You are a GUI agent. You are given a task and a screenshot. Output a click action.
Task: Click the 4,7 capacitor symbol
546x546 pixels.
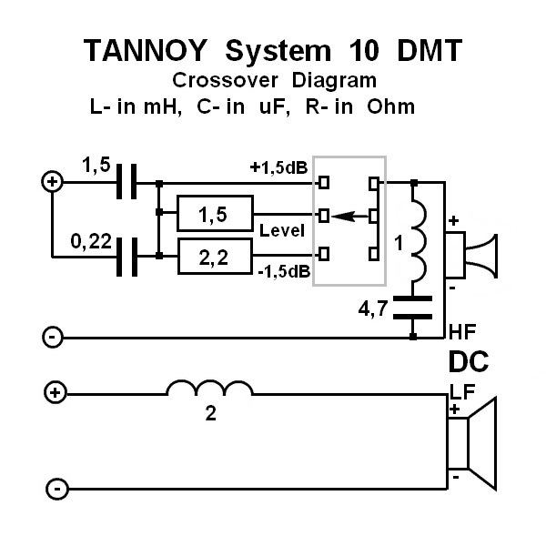point(415,305)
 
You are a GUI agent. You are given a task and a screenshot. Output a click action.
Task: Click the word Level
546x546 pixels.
point(280,230)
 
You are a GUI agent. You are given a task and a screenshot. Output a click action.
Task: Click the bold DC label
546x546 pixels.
point(469,362)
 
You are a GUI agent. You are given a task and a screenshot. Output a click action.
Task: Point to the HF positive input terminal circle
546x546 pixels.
point(53,182)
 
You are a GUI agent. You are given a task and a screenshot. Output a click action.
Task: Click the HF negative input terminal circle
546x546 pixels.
point(53,338)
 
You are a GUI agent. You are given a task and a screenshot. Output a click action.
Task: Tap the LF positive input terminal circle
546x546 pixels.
point(56,393)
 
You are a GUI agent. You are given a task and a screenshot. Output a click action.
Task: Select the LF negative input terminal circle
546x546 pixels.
point(56,489)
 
